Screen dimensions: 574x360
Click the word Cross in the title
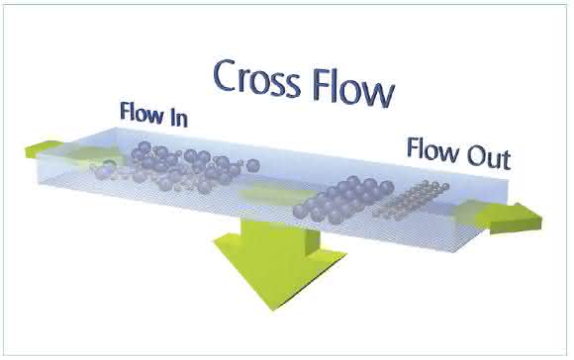pyautogui.click(x=256, y=78)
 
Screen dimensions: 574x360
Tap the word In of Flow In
pyautogui.click(x=179, y=118)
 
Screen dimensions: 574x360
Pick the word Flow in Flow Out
pyautogui.click(x=433, y=149)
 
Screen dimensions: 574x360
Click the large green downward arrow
pyautogui.click(x=280, y=264)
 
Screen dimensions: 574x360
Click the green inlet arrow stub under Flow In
pyautogui.click(x=41, y=149)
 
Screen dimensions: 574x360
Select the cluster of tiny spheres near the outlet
pyautogui.click(x=411, y=199)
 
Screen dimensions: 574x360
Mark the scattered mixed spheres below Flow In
pyautogui.click(x=176, y=167)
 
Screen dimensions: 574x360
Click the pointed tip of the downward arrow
pyautogui.click(x=272, y=310)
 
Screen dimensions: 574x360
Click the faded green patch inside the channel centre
pyautogui.click(x=275, y=194)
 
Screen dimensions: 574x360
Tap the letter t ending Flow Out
pyautogui.click(x=507, y=161)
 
